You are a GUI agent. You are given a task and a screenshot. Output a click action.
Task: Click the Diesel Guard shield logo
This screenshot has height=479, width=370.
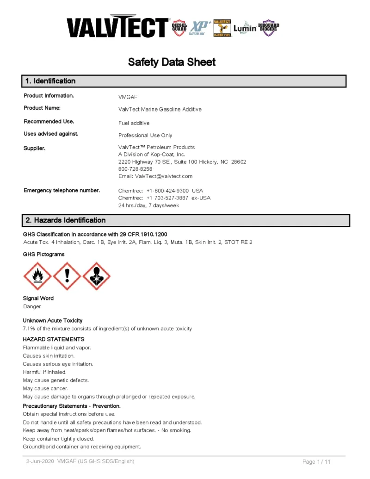click(x=179, y=28)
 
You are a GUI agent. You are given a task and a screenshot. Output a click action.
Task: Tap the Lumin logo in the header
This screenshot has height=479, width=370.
click(x=245, y=28)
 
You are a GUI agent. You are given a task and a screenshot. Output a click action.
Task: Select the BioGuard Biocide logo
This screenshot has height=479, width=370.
click(x=268, y=28)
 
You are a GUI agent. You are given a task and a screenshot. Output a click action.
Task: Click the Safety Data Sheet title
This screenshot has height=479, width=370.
click(x=172, y=62)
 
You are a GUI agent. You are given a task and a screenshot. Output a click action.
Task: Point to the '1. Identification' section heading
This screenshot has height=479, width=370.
click(x=50, y=81)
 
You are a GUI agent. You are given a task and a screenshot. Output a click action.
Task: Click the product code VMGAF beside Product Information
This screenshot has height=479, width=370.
click(x=128, y=97)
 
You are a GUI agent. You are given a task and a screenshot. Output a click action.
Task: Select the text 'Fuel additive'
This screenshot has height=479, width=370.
click(x=134, y=123)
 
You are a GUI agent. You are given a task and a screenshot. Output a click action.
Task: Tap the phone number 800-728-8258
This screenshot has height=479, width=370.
click(x=135, y=169)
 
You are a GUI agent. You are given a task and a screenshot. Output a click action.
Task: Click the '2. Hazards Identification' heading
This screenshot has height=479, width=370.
click(x=65, y=220)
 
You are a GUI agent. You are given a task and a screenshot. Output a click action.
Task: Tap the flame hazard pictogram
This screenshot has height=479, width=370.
click(x=37, y=276)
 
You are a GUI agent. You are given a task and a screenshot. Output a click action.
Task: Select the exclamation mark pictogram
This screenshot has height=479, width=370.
click(x=67, y=276)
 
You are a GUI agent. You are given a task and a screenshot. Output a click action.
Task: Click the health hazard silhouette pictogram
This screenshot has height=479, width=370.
click(x=96, y=276)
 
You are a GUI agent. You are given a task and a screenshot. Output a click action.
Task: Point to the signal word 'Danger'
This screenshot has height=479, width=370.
click(x=32, y=306)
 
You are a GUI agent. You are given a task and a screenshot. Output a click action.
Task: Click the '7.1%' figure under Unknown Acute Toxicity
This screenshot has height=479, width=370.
click(x=29, y=329)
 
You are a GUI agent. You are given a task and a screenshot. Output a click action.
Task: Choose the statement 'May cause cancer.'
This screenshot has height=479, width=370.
click(x=45, y=388)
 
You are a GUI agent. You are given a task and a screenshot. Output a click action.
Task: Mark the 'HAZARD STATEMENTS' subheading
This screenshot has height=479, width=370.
click(x=54, y=339)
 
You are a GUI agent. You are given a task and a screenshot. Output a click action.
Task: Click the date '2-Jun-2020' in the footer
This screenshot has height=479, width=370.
click(x=40, y=461)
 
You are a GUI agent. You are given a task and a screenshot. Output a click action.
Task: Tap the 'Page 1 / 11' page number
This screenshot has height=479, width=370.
click(x=316, y=462)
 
